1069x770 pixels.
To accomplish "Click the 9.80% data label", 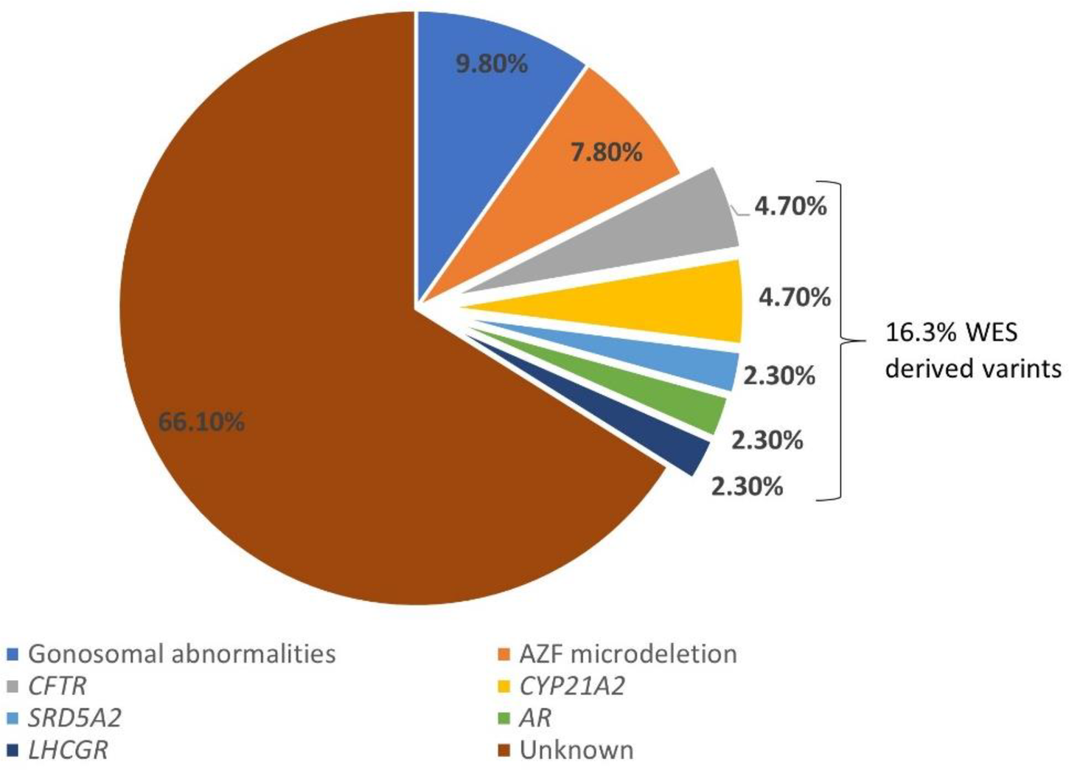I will point(492,64).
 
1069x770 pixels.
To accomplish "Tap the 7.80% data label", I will point(606,152).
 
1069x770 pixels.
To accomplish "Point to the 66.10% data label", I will point(201,422).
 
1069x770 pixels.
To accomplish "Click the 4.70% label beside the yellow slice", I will point(795,297).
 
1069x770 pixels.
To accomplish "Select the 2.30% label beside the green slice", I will point(767,440).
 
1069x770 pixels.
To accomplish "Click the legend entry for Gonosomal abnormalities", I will point(181,653).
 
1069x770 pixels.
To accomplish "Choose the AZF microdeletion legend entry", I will point(627,653).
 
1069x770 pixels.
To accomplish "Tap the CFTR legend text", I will point(57,686).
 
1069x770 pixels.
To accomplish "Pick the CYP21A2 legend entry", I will point(572,686).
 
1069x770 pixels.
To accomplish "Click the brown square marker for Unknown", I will point(504,751).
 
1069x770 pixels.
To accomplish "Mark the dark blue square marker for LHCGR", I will point(13,751).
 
